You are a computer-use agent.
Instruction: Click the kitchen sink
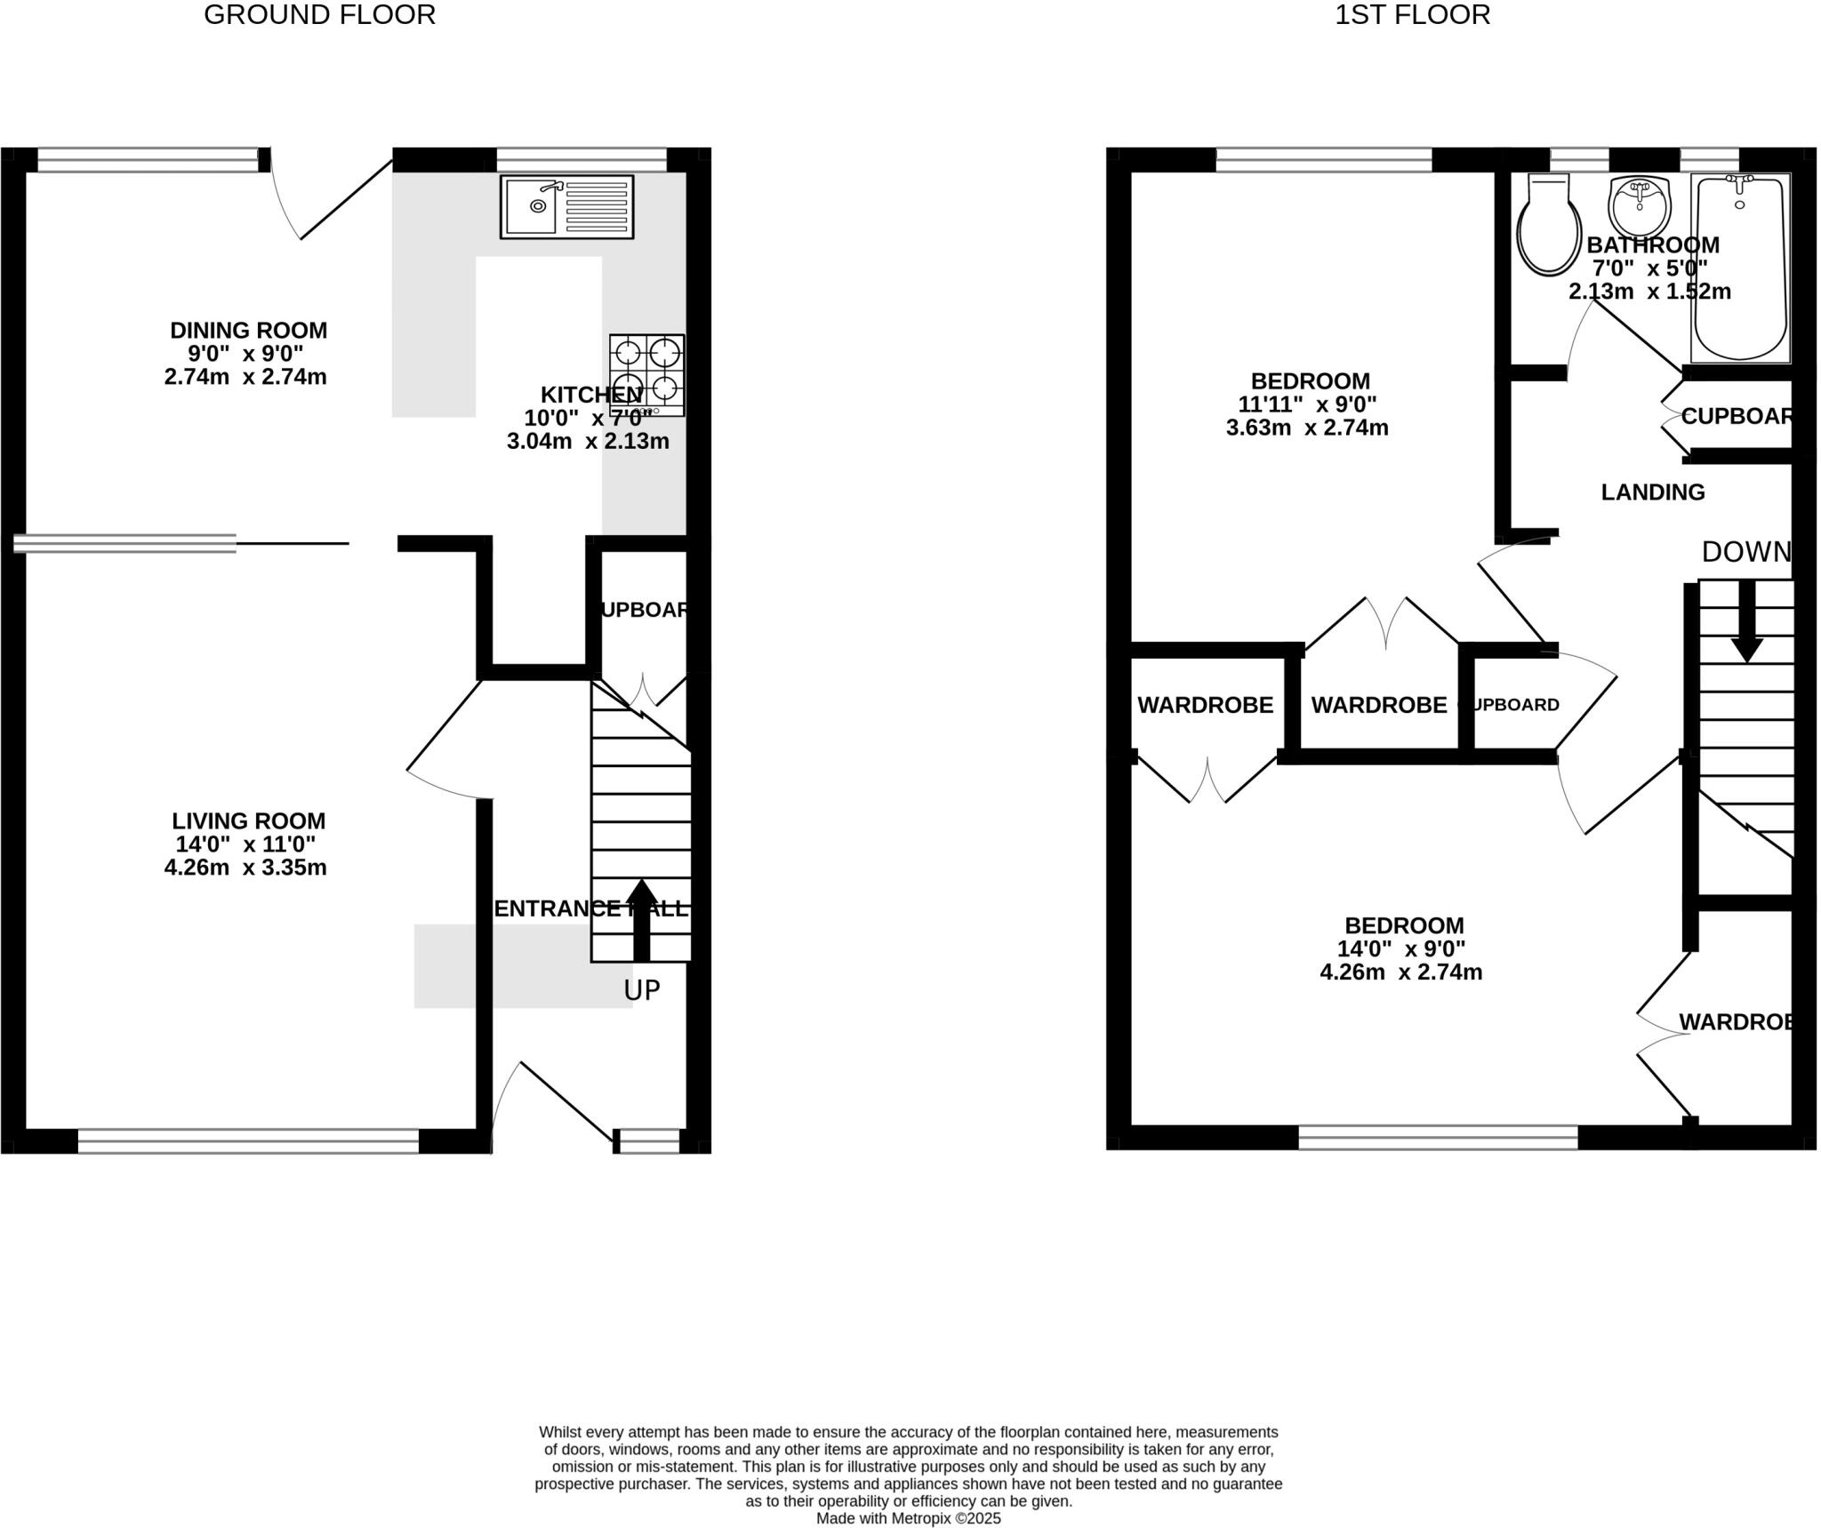click(x=566, y=206)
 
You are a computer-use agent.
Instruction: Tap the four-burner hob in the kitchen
click(x=646, y=374)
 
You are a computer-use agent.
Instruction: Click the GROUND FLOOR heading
click(x=319, y=15)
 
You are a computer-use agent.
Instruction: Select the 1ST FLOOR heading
click(x=1412, y=15)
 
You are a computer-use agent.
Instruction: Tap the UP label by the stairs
click(x=641, y=990)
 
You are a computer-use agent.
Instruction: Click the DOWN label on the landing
click(x=1745, y=552)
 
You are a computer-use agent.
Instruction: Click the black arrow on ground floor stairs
click(x=641, y=920)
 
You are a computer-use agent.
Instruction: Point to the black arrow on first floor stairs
click(x=1746, y=620)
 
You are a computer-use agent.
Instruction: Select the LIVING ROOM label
click(x=248, y=820)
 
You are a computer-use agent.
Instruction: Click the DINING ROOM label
click(x=248, y=330)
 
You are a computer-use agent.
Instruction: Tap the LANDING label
click(x=1652, y=492)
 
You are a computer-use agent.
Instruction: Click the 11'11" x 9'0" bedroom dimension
click(x=1307, y=404)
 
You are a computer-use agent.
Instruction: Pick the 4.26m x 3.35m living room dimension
click(x=245, y=868)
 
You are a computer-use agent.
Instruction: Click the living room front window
click(x=248, y=1140)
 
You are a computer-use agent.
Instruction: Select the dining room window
click(x=148, y=160)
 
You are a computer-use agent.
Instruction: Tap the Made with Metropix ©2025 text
click(x=908, y=1518)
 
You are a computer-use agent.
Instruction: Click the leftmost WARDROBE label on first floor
click(x=1205, y=705)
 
